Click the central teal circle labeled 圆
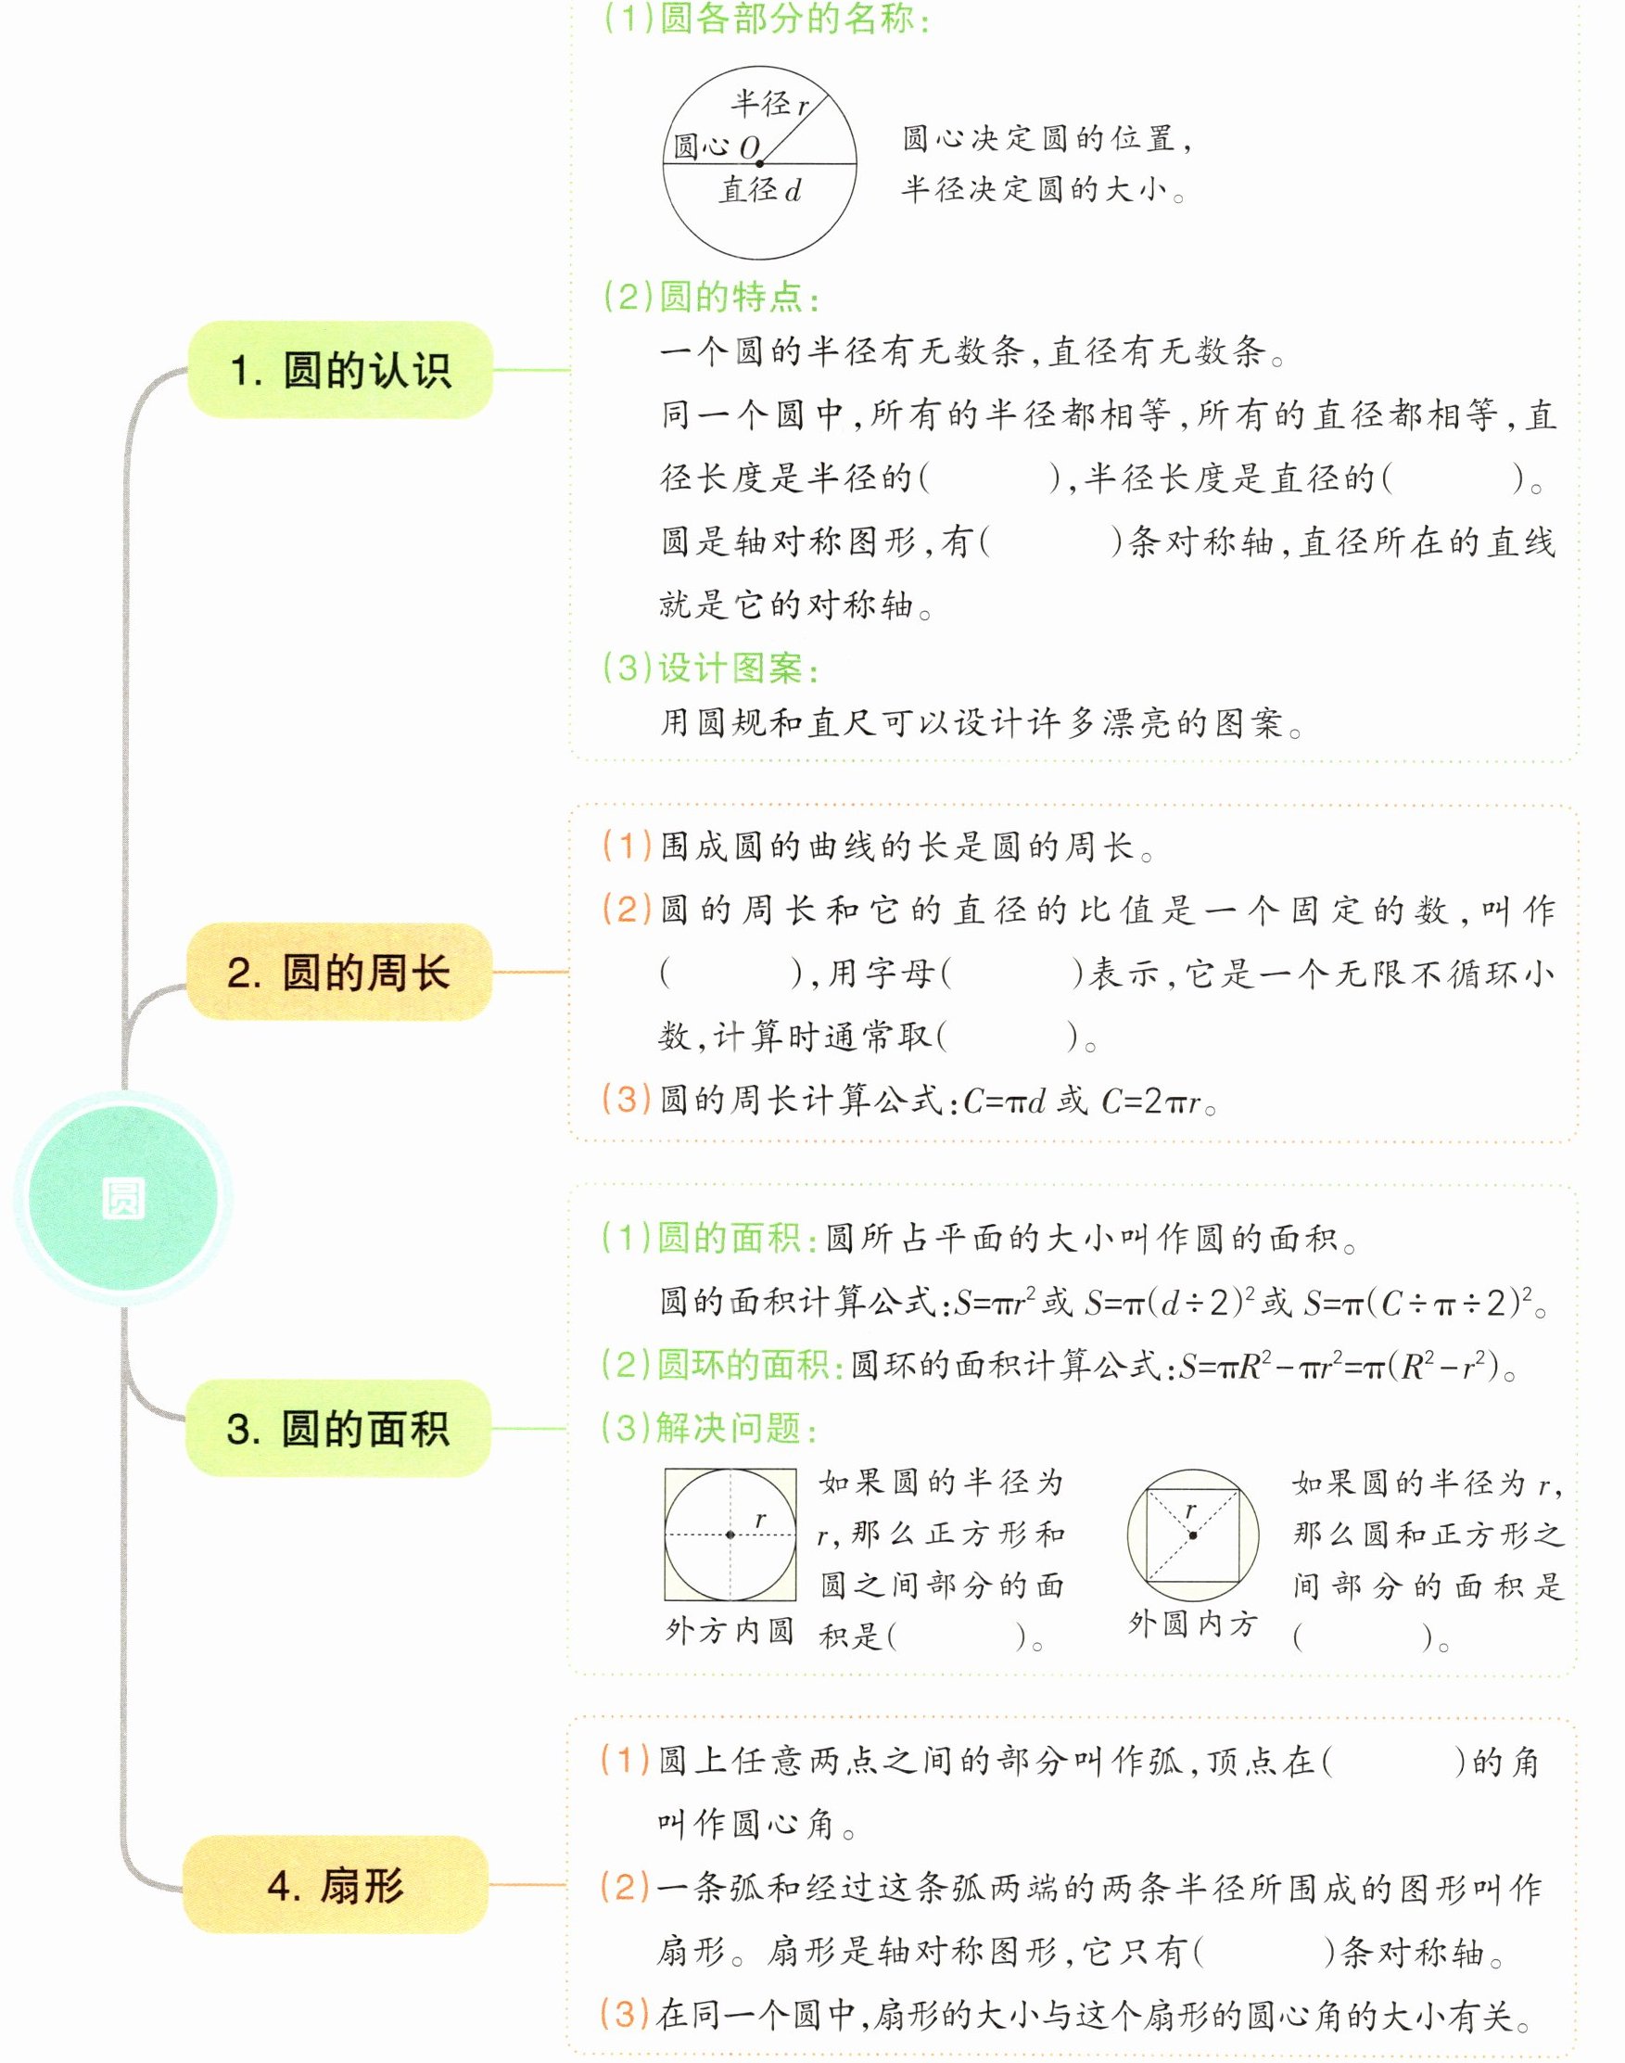point(122,1198)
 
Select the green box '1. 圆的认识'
point(340,370)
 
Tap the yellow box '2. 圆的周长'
point(338,973)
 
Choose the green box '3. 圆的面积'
point(337,1428)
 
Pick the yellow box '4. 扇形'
point(335,1885)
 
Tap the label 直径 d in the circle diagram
point(759,190)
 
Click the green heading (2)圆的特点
point(712,298)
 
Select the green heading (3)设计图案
point(712,668)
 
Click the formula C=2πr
point(1153,1102)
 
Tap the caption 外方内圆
point(730,1630)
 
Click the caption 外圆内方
point(1192,1624)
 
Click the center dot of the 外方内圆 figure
point(730,1534)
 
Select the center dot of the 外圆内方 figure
point(1193,1535)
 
